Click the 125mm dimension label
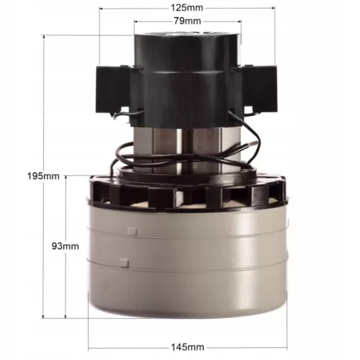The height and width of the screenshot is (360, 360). pyautogui.click(x=186, y=8)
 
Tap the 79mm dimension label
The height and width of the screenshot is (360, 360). pyautogui.click(x=187, y=21)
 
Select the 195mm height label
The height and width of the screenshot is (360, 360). pyautogui.click(x=43, y=176)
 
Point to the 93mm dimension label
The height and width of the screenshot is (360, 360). pyautogui.click(x=66, y=246)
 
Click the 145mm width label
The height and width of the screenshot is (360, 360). pyautogui.click(x=188, y=347)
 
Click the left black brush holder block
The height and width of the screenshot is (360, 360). pyautogui.click(x=113, y=89)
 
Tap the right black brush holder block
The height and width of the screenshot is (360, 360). pyautogui.click(x=260, y=89)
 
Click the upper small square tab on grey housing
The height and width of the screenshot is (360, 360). pyautogui.click(x=132, y=231)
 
